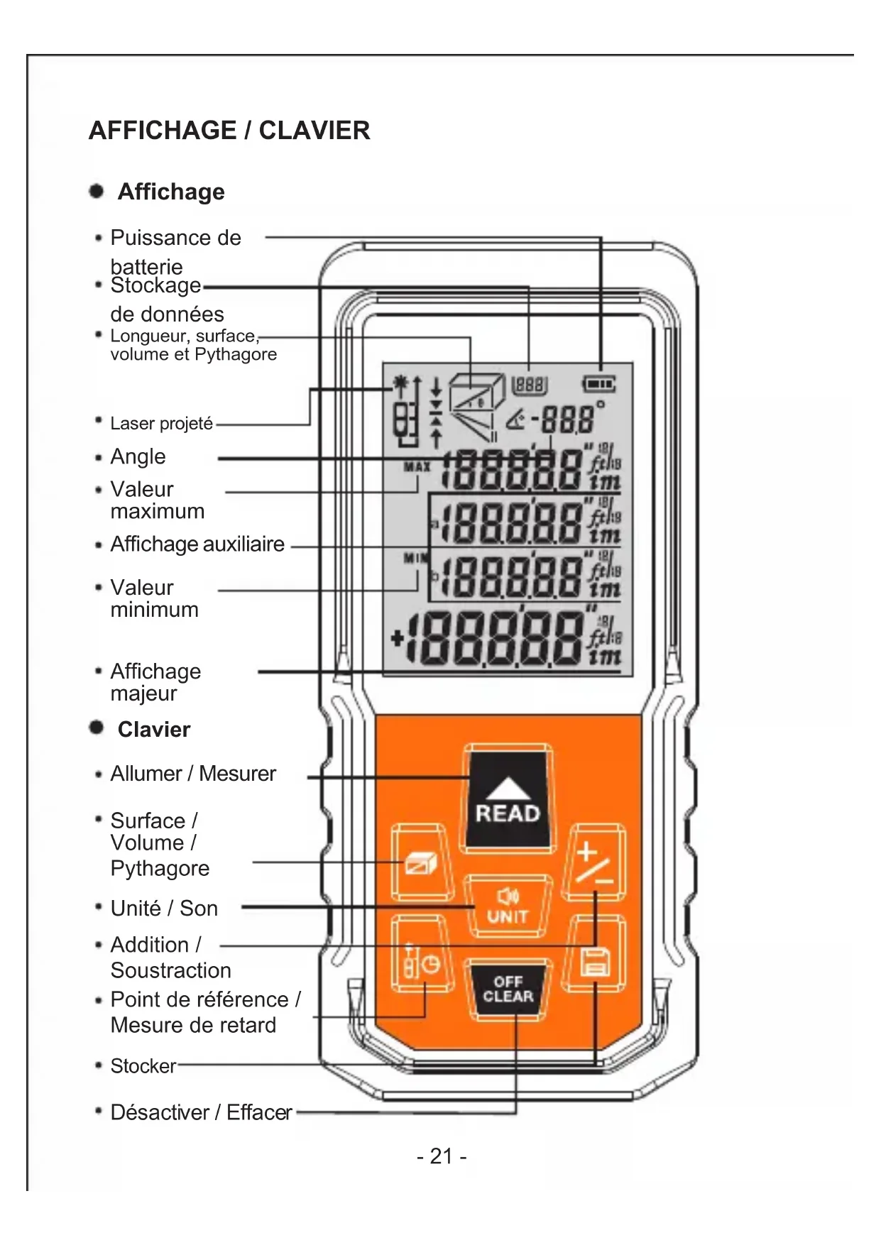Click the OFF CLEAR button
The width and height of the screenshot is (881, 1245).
[508, 989]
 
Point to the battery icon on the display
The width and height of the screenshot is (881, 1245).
[599, 385]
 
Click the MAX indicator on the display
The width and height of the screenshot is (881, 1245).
[417, 467]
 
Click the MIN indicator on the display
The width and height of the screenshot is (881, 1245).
[415, 558]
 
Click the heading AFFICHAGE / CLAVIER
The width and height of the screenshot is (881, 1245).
[229, 131]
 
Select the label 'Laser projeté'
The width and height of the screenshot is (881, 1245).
[161, 424]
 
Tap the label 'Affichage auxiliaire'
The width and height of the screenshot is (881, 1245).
[197, 544]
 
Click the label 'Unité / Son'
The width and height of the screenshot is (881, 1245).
[164, 909]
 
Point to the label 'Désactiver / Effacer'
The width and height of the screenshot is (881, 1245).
[201, 1112]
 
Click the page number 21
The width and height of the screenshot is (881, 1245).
[441, 1156]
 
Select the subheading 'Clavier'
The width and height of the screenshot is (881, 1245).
[154, 730]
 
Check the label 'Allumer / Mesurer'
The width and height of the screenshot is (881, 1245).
[193, 774]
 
